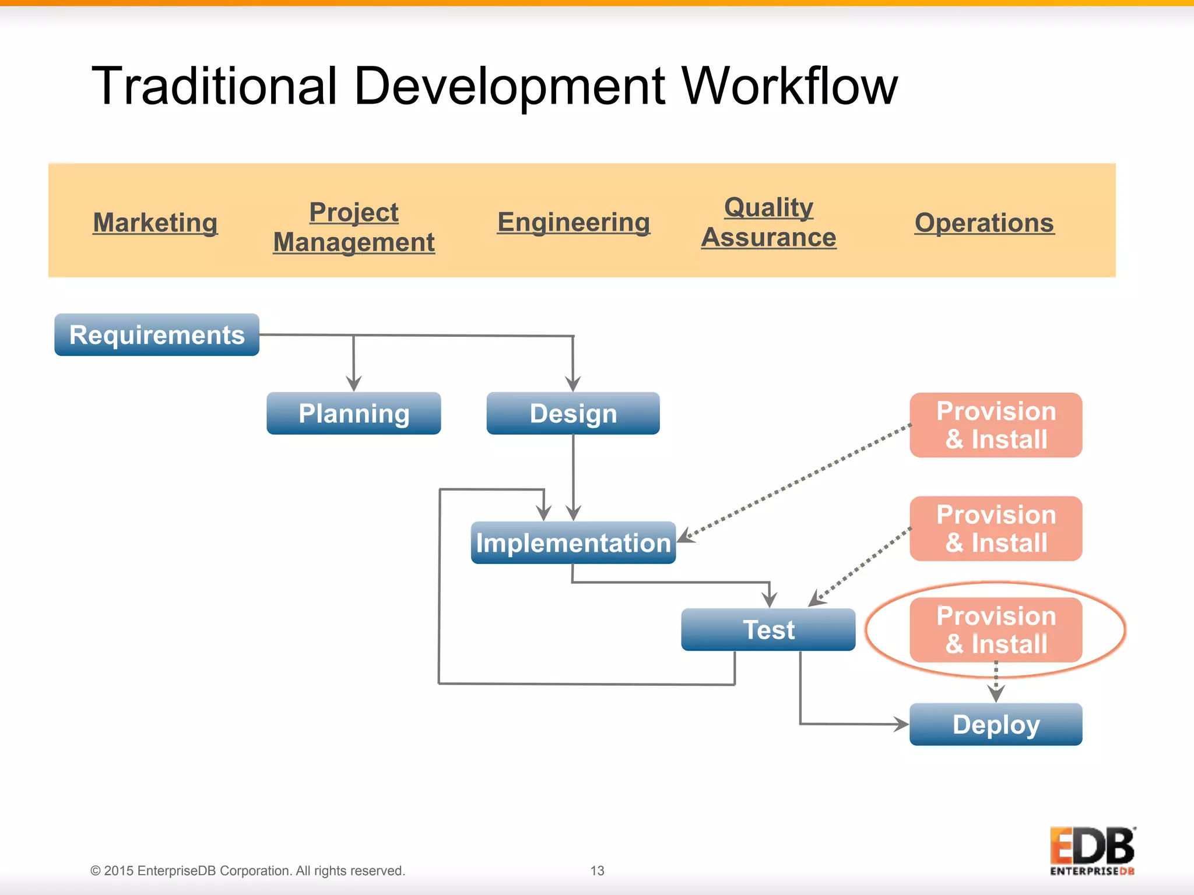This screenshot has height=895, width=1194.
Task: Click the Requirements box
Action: (157, 335)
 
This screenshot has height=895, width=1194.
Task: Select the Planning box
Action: (353, 414)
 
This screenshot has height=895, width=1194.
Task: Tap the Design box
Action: (573, 414)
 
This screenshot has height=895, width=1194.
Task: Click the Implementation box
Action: (573, 543)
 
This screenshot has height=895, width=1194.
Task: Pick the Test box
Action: (768, 630)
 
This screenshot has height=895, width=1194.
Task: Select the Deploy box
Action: (996, 725)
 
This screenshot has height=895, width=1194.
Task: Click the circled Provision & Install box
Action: (996, 630)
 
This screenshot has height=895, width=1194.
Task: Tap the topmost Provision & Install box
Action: (996, 425)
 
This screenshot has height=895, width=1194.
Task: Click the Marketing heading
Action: (155, 223)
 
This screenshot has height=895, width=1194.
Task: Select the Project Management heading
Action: (354, 227)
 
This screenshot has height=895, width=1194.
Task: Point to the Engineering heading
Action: (573, 223)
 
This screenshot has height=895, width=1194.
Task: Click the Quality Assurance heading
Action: (768, 223)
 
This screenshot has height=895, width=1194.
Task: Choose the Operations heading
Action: (984, 223)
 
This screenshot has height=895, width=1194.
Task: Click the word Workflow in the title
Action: (789, 86)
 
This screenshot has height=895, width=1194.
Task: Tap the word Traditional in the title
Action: (215, 86)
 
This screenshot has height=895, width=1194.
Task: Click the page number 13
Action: (597, 871)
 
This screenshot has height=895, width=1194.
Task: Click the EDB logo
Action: (1092, 850)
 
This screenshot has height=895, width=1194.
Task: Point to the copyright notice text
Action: (247, 871)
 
